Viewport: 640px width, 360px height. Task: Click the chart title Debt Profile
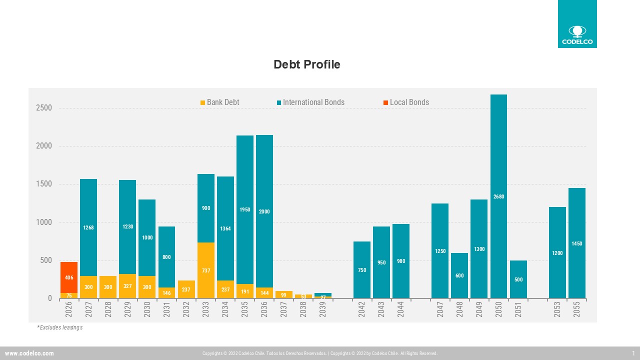[306, 64]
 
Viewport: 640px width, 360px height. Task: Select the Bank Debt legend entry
[219, 102]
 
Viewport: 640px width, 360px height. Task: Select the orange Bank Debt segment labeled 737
[206, 270]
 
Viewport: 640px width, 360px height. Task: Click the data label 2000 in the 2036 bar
[264, 212]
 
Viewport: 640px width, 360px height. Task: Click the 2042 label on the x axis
[362, 309]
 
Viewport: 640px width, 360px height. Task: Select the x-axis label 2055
[577, 309]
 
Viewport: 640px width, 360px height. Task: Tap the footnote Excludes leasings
[59, 327]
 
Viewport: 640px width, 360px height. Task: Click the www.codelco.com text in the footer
[29, 353]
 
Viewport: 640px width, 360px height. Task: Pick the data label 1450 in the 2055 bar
[576, 243]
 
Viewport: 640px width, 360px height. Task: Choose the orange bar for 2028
[108, 287]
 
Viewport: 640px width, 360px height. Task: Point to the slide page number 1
[633, 353]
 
